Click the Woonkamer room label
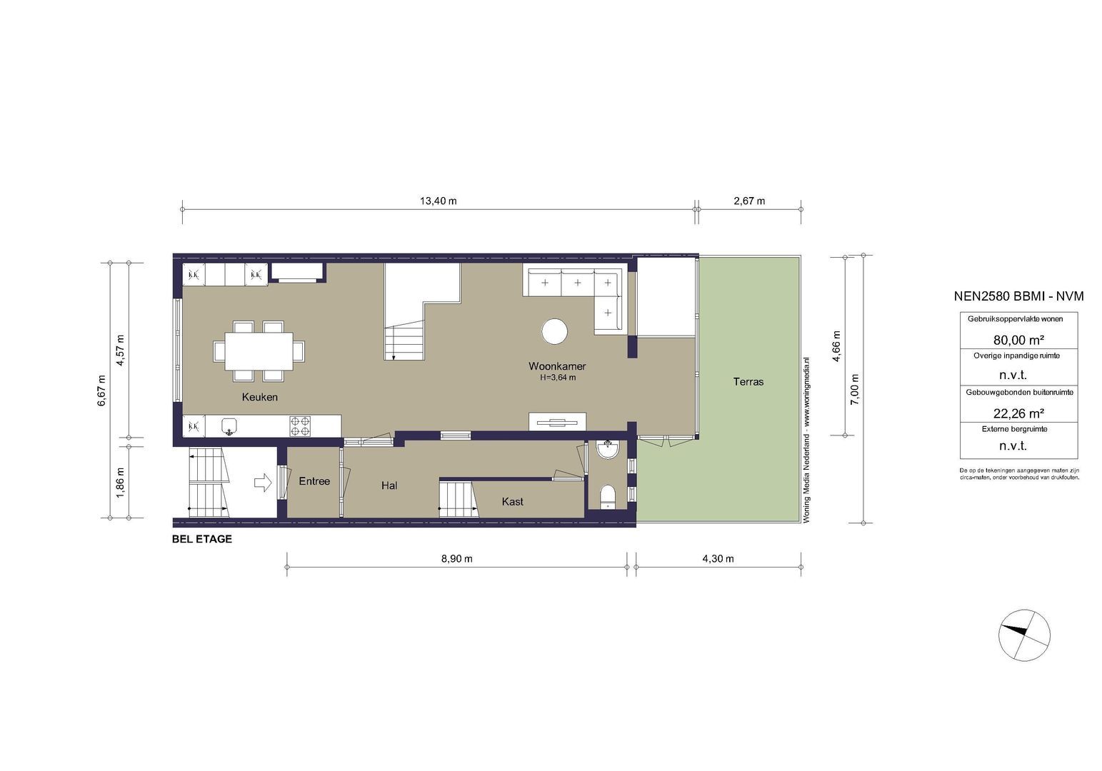pos(557,366)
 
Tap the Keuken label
pos(259,397)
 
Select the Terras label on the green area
pos(748,382)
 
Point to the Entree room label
pos(314,481)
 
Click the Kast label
pos(512,502)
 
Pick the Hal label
pos(389,485)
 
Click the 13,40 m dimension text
pos(438,201)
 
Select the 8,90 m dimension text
pos(456,559)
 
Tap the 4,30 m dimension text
pos(718,559)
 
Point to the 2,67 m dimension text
pos(749,201)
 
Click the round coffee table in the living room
pos(554,331)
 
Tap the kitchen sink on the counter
pos(229,427)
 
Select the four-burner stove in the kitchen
pos(300,426)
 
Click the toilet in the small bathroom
pos(608,495)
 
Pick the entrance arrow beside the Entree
pos(263,483)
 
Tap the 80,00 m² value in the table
pos(1018,340)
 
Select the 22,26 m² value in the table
pos(1018,413)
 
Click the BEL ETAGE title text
pos(202,540)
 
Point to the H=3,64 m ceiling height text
pos(558,378)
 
